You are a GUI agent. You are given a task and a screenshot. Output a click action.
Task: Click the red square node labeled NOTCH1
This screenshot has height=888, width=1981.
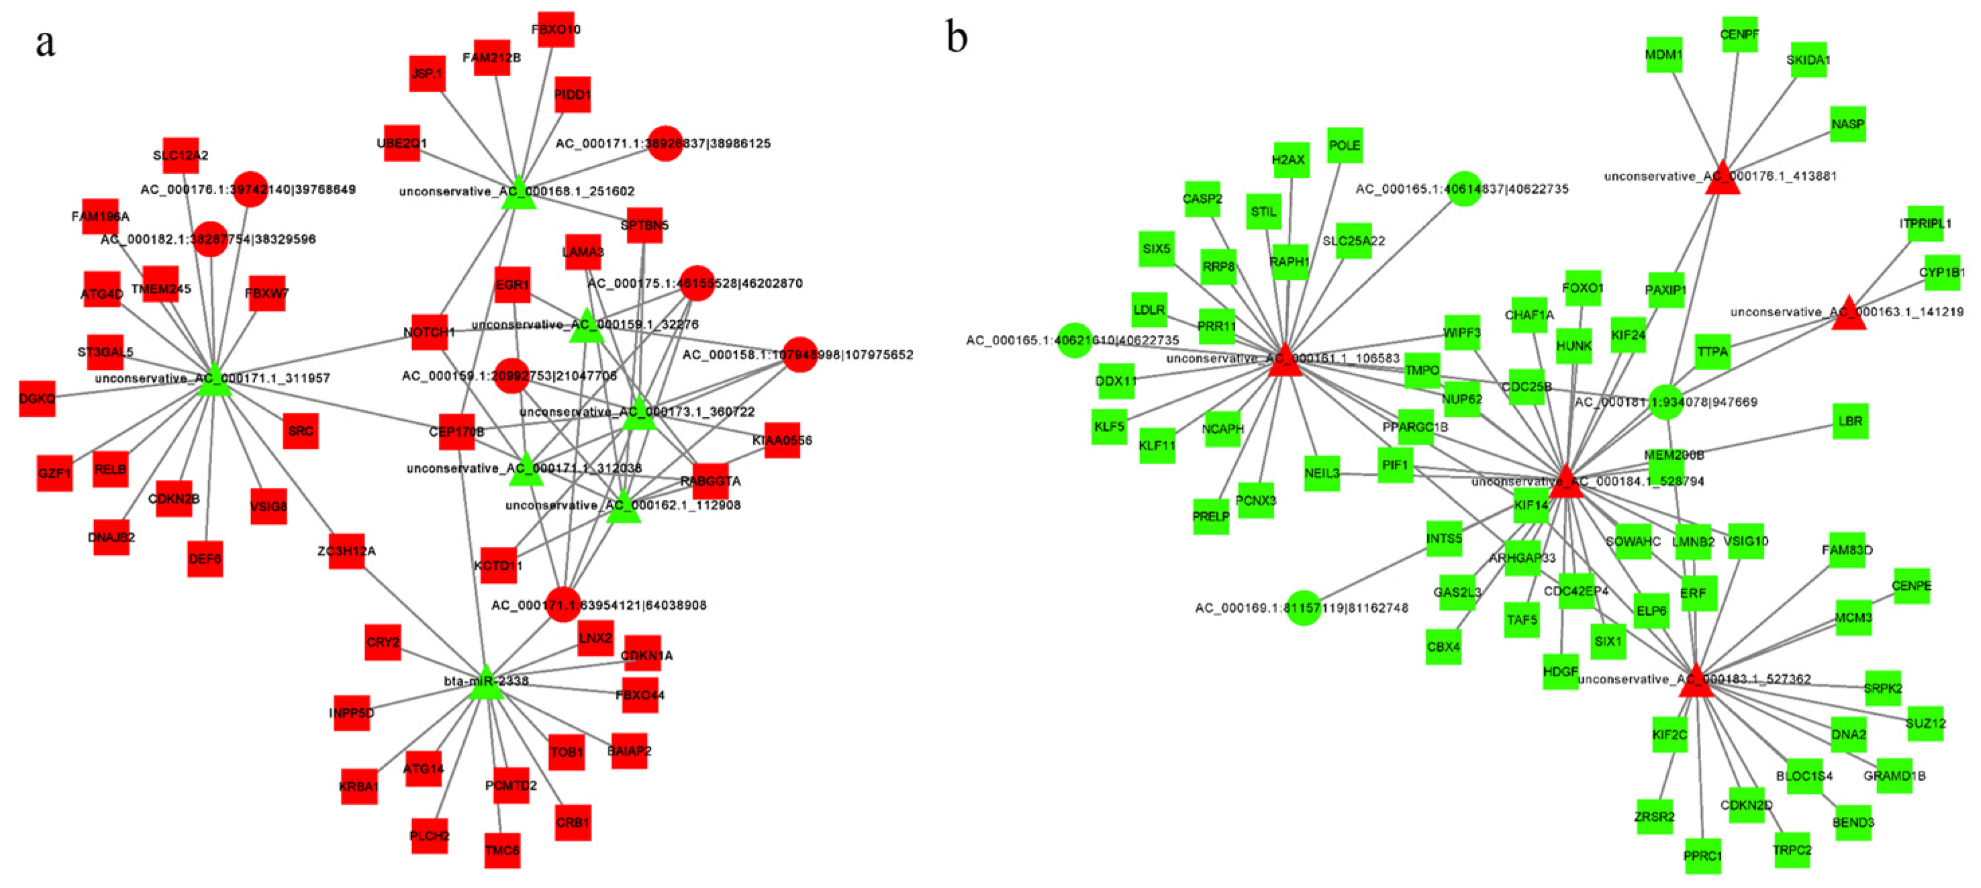(x=429, y=332)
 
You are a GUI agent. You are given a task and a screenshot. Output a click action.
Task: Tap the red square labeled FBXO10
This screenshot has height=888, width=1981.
(x=556, y=30)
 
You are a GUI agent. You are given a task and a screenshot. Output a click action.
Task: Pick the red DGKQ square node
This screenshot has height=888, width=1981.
(x=37, y=398)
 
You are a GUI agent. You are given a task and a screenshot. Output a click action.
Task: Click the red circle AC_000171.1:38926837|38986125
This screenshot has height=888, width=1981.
(x=665, y=143)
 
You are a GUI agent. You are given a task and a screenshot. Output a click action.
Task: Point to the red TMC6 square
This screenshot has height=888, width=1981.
(x=502, y=850)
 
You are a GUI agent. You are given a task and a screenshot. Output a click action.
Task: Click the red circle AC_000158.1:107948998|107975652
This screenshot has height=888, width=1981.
(x=799, y=354)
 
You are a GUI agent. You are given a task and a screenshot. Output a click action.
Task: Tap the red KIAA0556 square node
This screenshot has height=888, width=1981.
(x=782, y=440)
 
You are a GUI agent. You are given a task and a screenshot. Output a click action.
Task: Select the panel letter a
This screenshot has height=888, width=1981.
(x=46, y=43)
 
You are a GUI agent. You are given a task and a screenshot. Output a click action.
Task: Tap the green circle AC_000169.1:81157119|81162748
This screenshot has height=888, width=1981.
(x=1304, y=607)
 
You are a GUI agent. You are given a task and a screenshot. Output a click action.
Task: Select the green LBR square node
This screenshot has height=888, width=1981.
(x=1849, y=422)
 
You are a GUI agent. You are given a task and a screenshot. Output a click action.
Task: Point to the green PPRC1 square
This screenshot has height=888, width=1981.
(x=1702, y=856)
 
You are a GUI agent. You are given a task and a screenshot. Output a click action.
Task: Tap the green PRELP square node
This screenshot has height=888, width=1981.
(x=1210, y=517)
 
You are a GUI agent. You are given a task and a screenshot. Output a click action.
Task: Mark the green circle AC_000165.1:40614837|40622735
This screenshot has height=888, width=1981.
(x=1463, y=189)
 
